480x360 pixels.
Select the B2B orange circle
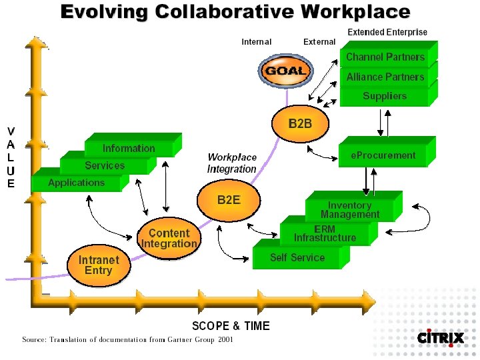point(299,125)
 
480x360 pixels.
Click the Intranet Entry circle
point(98,265)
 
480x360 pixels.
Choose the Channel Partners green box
point(385,57)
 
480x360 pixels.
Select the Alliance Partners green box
point(385,77)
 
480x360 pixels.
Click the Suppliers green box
point(385,97)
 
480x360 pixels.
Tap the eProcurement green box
point(383,156)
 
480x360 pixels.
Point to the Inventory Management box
point(350,210)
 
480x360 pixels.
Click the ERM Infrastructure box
point(325,233)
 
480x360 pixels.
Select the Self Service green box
point(297,257)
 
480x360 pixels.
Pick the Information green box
point(129,149)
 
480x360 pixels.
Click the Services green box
point(105,166)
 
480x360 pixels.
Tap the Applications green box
point(76,183)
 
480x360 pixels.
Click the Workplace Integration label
point(232,163)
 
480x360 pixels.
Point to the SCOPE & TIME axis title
point(231,326)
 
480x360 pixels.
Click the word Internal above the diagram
point(257,42)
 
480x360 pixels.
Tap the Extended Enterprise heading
point(387,32)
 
